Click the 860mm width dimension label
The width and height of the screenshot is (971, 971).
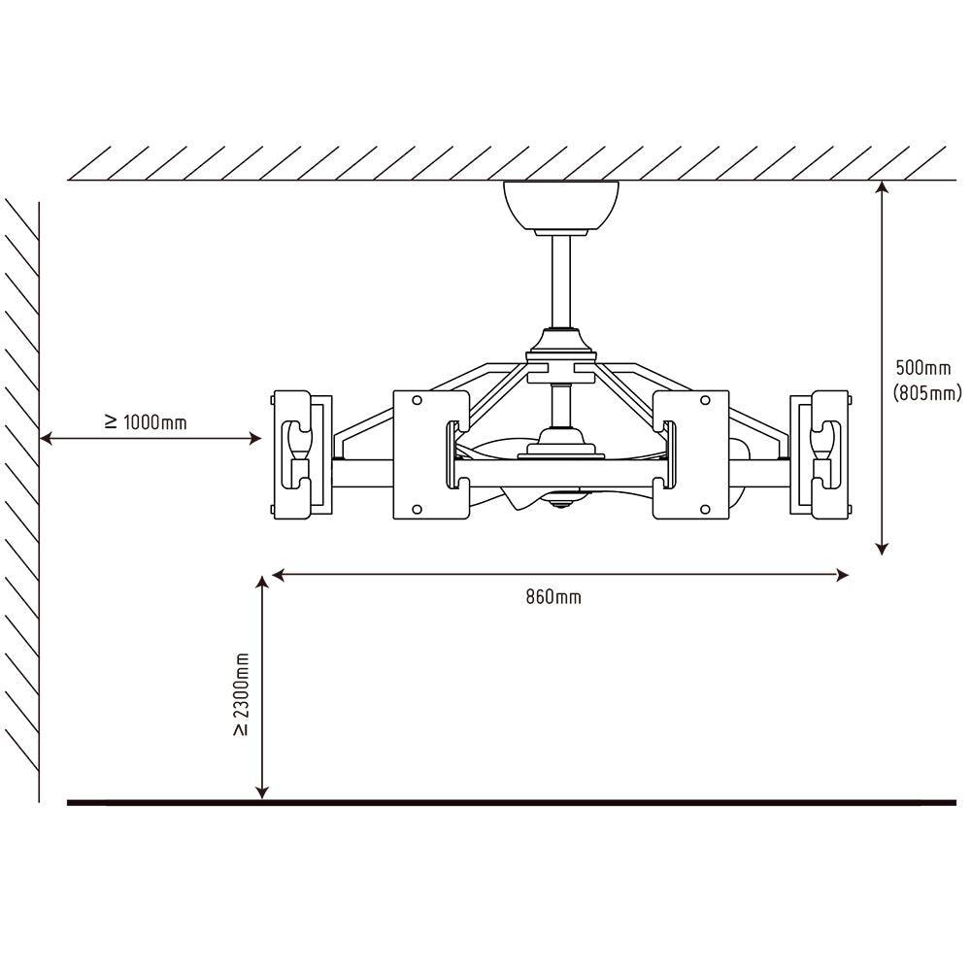click(553, 596)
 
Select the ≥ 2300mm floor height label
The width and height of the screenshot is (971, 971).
click(242, 693)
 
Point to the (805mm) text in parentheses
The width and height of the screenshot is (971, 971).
click(926, 393)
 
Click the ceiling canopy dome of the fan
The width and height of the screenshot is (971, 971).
click(561, 206)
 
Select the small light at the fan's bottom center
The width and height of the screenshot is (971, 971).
click(561, 505)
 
